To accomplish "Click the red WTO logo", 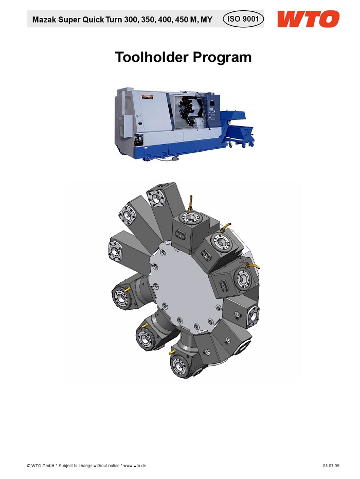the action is [308, 19].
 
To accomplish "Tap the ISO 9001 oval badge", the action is [243, 19].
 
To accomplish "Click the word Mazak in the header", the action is [44, 20].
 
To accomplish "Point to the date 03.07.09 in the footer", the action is [331, 466].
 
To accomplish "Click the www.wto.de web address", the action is [134, 466].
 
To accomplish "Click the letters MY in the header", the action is [207, 20].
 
